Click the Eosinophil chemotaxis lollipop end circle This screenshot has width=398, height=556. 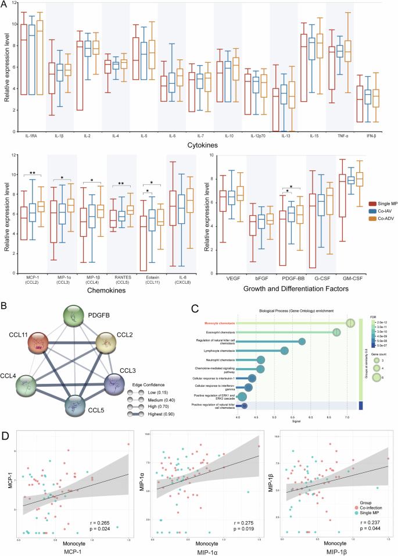coord(337,332)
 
